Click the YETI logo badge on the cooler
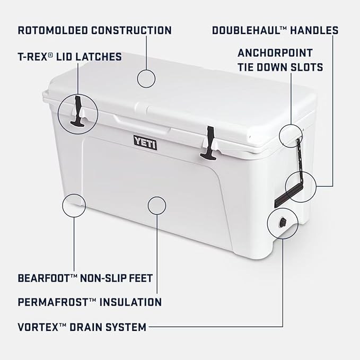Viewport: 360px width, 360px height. click(x=145, y=143)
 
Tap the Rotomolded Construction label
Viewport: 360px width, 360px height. click(x=94, y=30)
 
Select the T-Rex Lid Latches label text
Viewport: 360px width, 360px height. click(x=69, y=56)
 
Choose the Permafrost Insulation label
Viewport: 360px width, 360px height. click(x=89, y=302)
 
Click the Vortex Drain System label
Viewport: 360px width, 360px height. click(x=82, y=327)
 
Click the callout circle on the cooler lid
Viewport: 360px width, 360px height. click(x=146, y=78)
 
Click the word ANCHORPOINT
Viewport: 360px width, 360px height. click(x=275, y=53)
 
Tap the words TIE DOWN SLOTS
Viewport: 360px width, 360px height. click(x=280, y=68)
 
